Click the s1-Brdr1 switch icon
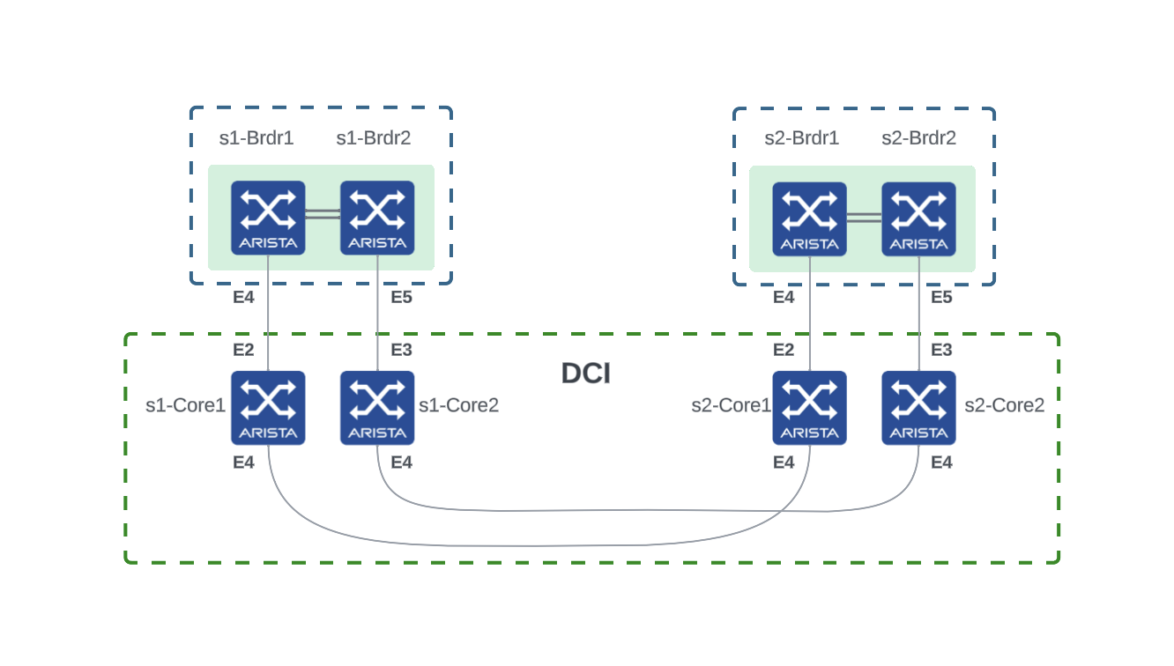pyautogui.click(x=268, y=218)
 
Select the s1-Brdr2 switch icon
pyautogui.click(x=377, y=218)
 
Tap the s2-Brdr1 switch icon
pyautogui.click(x=809, y=218)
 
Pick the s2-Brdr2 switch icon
pyautogui.click(x=918, y=218)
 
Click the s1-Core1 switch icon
pyautogui.click(x=268, y=407)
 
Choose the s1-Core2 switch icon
pyautogui.click(x=377, y=407)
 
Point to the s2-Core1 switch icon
pyautogui.click(x=809, y=407)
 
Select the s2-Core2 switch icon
pyautogui.click(x=918, y=407)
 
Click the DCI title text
pyautogui.click(x=586, y=374)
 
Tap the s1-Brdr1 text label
pyautogui.click(x=256, y=138)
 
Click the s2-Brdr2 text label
pyautogui.click(x=918, y=138)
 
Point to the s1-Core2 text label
pyautogui.click(x=458, y=405)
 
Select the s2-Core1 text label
pyautogui.click(x=732, y=405)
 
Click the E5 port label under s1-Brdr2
pyautogui.click(x=401, y=298)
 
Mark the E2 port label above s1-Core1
pyautogui.click(x=243, y=350)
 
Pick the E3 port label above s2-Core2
pyautogui.click(x=941, y=350)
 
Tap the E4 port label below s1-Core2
pyautogui.click(x=401, y=462)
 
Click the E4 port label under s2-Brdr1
pyautogui.click(x=784, y=298)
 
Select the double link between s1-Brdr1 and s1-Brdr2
pyautogui.click(x=323, y=214)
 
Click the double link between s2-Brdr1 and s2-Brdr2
pyautogui.click(x=864, y=216)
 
